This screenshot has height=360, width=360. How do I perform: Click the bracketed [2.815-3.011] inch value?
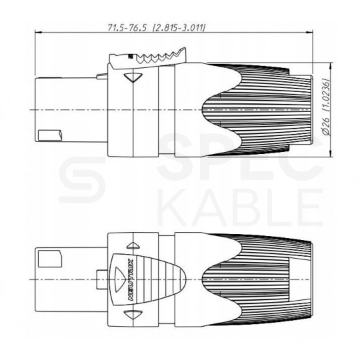pyautogui.click(x=179, y=27)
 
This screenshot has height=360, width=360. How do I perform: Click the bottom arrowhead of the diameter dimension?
pyautogui.click(x=331, y=157)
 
